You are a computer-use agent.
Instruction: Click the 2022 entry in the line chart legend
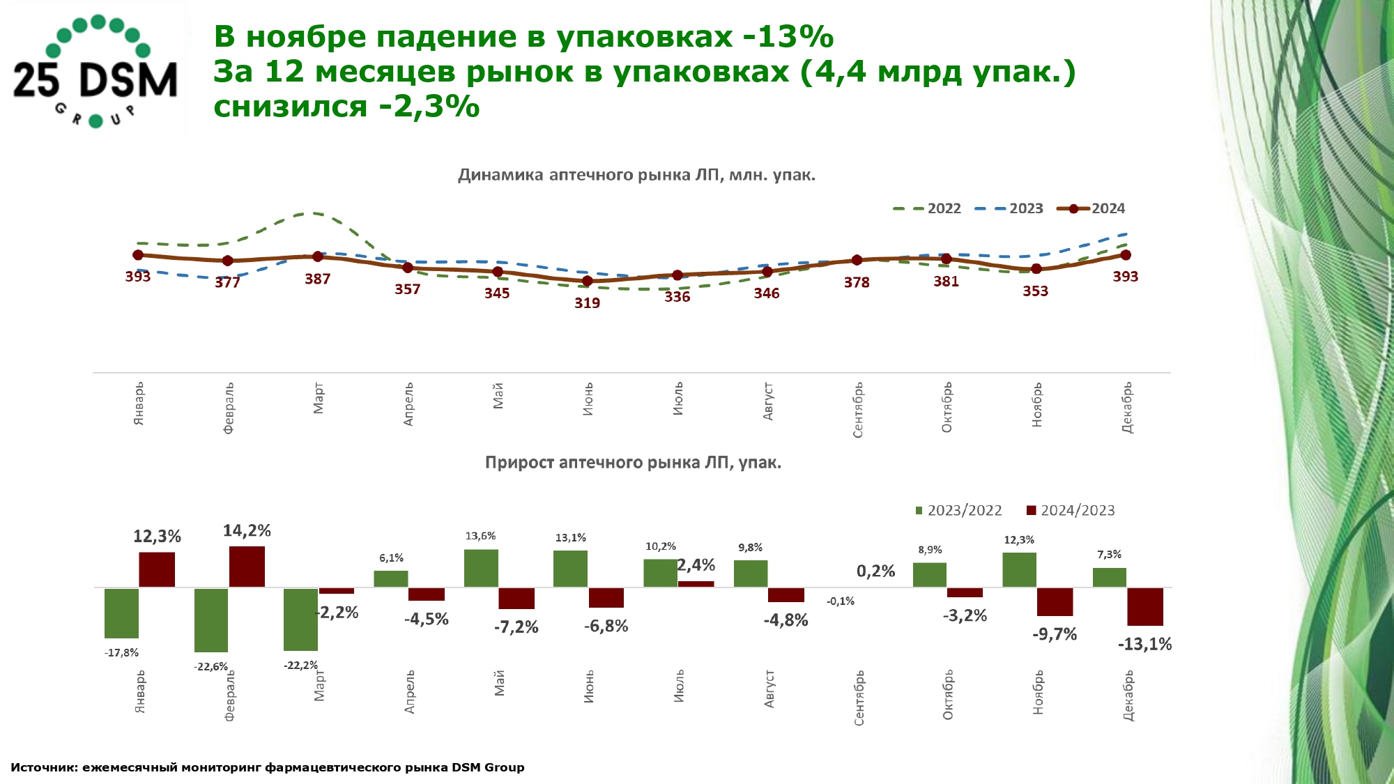928,208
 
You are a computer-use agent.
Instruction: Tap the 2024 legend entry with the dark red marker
1092,208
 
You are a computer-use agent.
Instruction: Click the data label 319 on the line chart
587,303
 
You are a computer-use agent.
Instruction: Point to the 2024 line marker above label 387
318,256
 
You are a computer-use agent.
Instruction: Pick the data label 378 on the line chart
857,282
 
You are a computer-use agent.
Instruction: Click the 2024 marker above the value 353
1036,269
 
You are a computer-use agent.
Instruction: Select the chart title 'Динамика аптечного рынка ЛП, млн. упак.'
636,175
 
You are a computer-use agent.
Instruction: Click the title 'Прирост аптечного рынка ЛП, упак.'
633,463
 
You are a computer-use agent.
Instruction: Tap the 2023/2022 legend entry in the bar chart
959,510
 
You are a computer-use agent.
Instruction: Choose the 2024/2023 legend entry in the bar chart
1071,510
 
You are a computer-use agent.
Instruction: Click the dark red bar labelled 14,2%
247,567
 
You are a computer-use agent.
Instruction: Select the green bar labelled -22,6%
211,620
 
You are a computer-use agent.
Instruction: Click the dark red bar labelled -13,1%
1145,606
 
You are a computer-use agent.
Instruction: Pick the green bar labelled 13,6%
481,568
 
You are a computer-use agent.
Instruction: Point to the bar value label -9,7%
1055,634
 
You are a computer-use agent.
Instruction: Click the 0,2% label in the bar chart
875,571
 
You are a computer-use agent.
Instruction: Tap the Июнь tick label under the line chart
588,399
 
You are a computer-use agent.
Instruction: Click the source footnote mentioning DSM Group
268,767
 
